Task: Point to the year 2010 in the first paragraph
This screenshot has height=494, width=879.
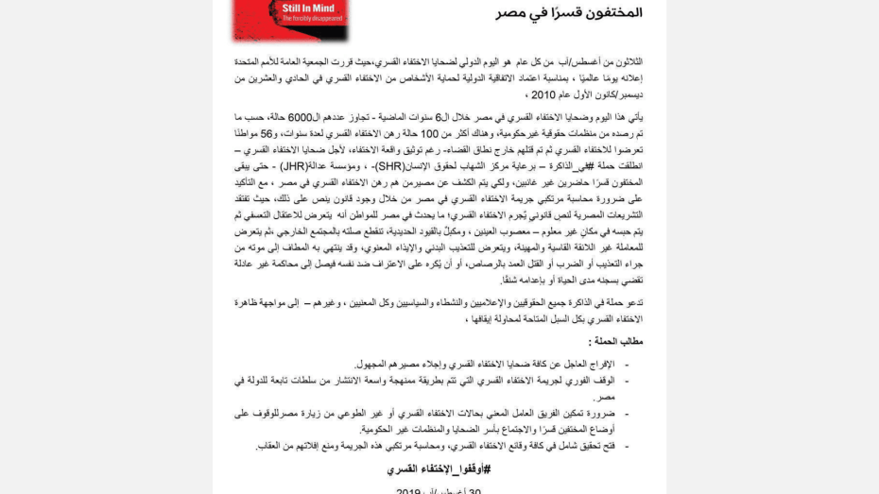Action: coord(543,95)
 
